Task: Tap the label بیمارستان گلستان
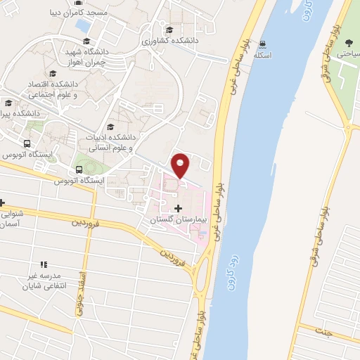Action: [176, 220]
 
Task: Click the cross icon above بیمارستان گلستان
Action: [177, 208]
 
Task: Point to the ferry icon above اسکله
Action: [262, 43]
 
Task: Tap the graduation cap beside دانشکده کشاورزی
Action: [169, 30]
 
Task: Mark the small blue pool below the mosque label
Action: [83, 25]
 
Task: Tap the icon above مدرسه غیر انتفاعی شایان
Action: [44, 264]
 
